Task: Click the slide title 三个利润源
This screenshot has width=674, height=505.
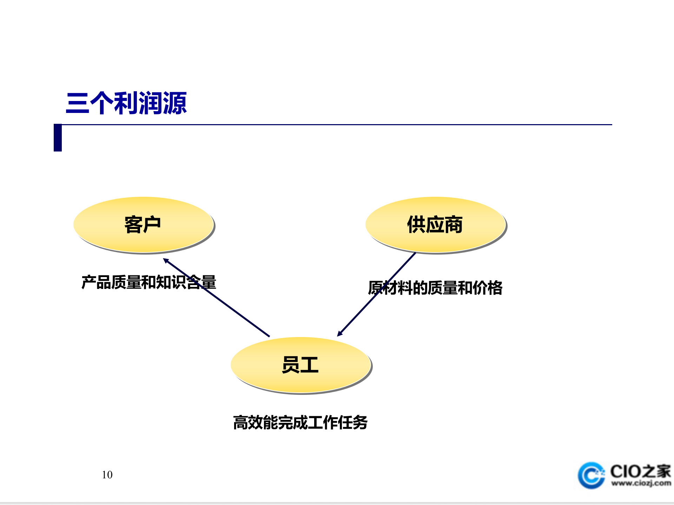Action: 126,103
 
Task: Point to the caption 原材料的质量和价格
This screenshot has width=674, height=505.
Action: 435,288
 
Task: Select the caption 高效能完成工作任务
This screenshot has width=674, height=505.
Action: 300,422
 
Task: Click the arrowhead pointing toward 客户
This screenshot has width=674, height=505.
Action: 166,261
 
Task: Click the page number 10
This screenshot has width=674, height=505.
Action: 107,475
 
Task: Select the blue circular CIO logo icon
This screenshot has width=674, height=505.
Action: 591,476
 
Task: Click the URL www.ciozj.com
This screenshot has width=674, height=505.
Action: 641,484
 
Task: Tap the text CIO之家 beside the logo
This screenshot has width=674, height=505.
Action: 640,471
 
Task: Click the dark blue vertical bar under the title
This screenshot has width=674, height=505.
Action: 58,137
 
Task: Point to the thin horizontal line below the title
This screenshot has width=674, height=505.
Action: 337,124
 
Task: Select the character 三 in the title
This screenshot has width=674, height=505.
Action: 78,103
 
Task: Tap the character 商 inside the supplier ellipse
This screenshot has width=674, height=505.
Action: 454,224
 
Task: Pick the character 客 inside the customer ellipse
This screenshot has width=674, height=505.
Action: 134,224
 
